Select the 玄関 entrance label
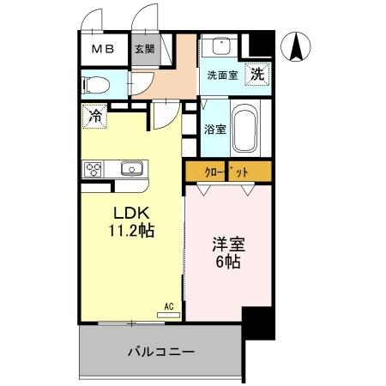click(x=142, y=50)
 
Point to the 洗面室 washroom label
click(x=223, y=75)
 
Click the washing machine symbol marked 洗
click(x=257, y=75)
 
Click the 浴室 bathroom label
click(x=214, y=130)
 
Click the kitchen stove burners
click(x=93, y=168)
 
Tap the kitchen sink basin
click(x=132, y=168)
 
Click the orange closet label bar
click(x=228, y=172)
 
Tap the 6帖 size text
click(x=227, y=262)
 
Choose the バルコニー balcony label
click(x=161, y=352)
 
